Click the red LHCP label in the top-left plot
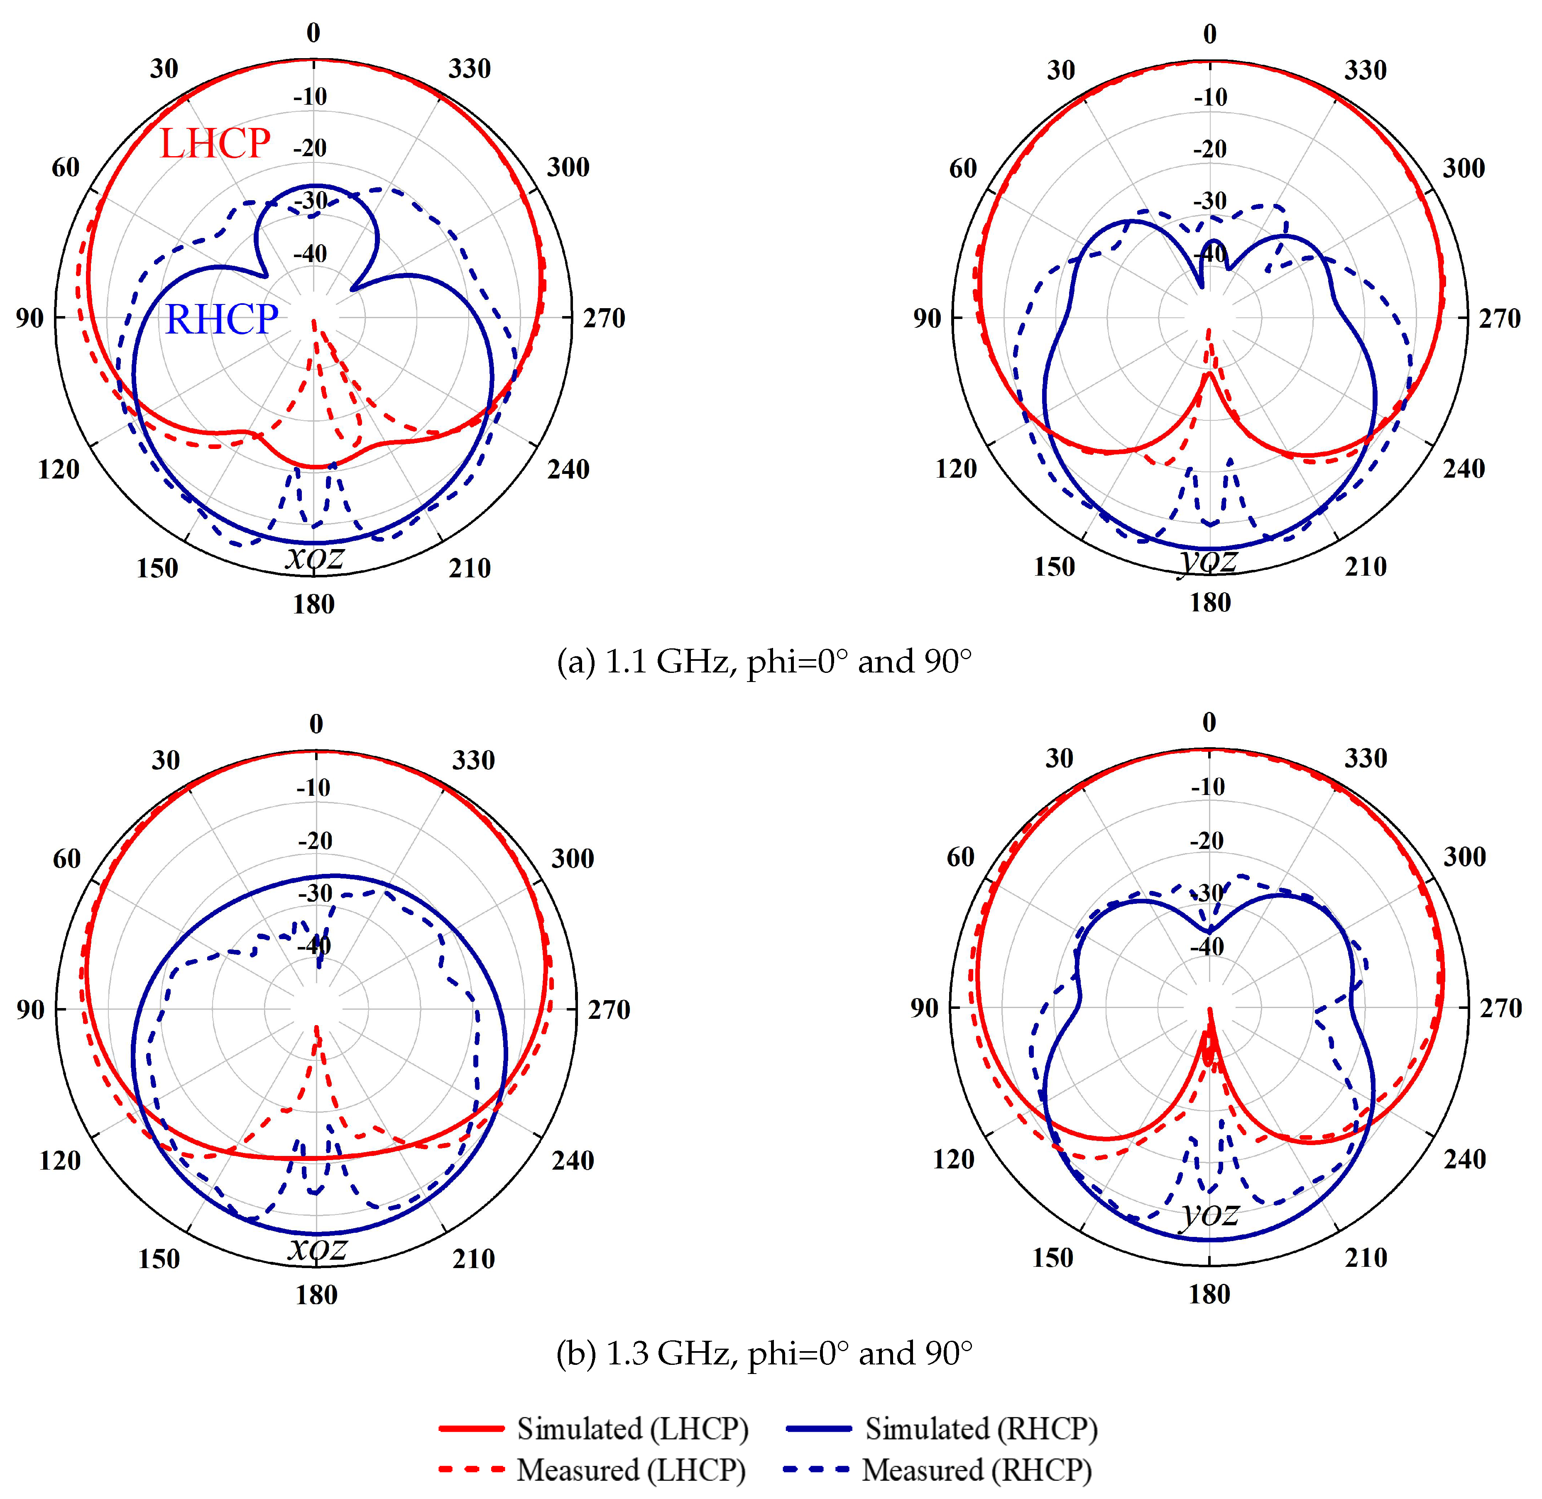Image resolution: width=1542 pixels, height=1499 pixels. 215,144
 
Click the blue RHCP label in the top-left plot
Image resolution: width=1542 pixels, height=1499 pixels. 221,320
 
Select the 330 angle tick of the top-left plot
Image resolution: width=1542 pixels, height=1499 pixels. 470,69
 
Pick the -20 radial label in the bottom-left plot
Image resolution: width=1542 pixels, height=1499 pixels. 315,841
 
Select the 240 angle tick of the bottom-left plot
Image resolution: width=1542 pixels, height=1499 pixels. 572,1160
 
